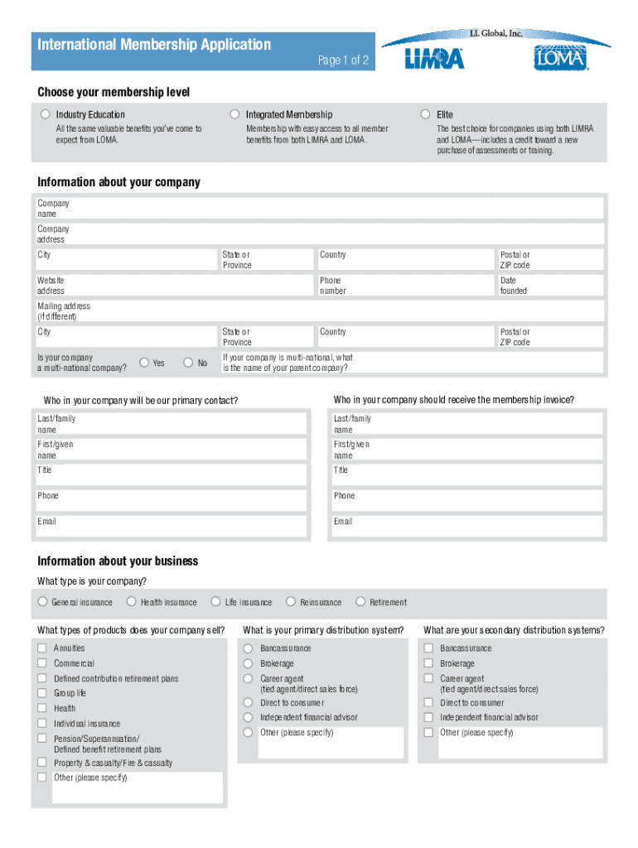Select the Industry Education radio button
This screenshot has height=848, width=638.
click(x=44, y=114)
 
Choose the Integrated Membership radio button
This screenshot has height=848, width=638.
click(x=235, y=114)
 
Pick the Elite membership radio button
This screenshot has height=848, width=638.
click(x=426, y=114)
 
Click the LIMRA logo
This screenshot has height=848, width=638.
click(x=434, y=59)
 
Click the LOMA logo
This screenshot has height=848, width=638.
click(x=560, y=58)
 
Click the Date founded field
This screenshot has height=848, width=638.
click(x=563, y=286)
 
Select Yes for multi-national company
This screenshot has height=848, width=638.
click(x=144, y=363)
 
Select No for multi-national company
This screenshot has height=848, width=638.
click(x=188, y=363)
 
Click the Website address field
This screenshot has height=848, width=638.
click(x=182, y=286)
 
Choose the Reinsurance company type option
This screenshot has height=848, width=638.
click(x=291, y=602)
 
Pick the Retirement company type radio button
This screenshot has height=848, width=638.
click(x=360, y=602)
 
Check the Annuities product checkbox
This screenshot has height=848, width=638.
click(x=41, y=648)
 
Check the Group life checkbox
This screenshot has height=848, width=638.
click(x=41, y=693)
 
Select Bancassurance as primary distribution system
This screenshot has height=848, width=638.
click(x=248, y=648)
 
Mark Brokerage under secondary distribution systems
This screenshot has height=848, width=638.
click(x=428, y=663)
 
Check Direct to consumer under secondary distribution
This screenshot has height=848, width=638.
click(x=428, y=702)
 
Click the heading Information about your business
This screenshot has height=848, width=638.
click(x=118, y=561)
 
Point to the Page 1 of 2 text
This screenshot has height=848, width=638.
click(x=343, y=61)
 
